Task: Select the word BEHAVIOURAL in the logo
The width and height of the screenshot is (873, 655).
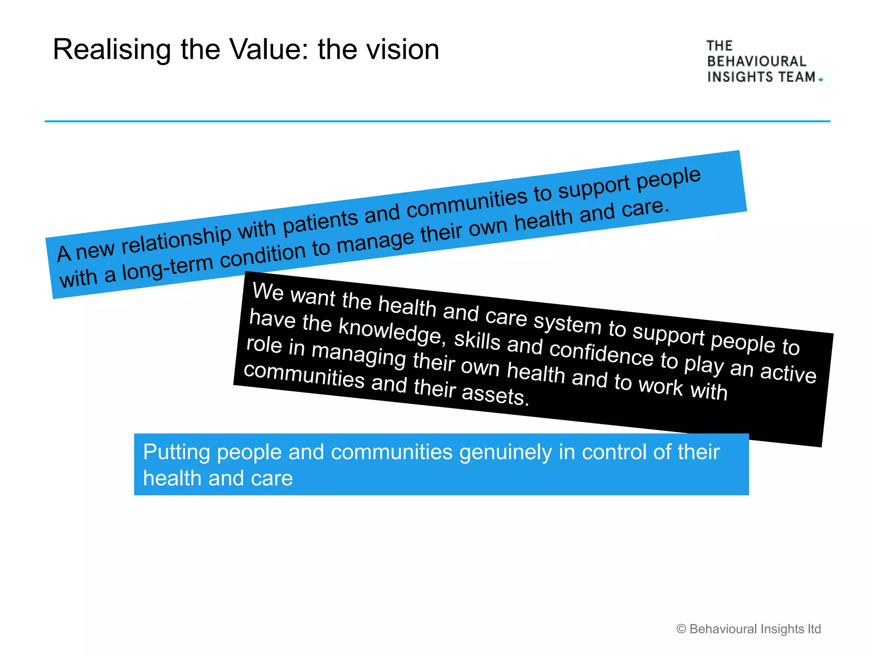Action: click(757, 61)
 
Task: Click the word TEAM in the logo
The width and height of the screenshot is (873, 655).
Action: click(797, 77)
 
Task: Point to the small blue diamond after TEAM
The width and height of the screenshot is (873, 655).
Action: click(821, 79)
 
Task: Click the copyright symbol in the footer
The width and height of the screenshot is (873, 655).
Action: click(681, 629)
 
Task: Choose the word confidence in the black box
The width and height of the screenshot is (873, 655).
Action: click(601, 353)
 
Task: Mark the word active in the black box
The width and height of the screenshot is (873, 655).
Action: click(788, 372)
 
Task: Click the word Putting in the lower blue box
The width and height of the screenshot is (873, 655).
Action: click(176, 452)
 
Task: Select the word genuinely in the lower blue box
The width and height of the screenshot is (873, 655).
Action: click(506, 452)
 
